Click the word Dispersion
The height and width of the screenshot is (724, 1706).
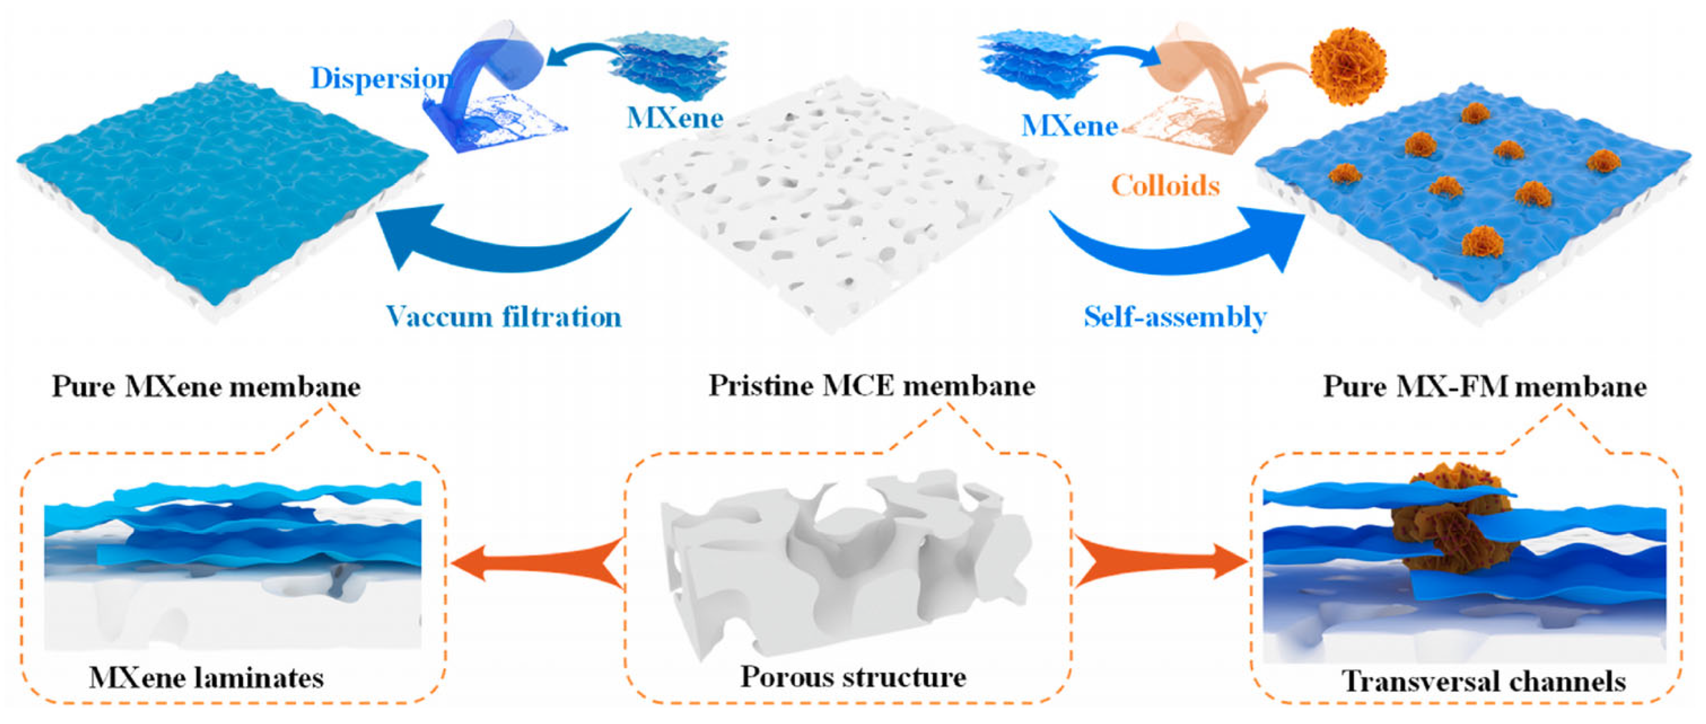(x=381, y=78)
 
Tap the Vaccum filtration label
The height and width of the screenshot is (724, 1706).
(x=504, y=317)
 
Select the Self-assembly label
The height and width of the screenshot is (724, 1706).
(x=1175, y=317)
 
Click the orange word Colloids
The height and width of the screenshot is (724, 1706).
(x=1165, y=185)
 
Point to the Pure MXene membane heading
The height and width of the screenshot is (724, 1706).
(x=206, y=386)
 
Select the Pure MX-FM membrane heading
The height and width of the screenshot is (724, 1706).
(x=1484, y=386)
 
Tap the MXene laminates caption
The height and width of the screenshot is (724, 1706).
(x=206, y=678)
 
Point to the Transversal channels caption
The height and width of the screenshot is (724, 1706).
(x=1484, y=681)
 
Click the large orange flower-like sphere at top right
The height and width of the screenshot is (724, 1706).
(x=1348, y=66)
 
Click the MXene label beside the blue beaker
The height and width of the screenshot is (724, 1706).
(x=674, y=118)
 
